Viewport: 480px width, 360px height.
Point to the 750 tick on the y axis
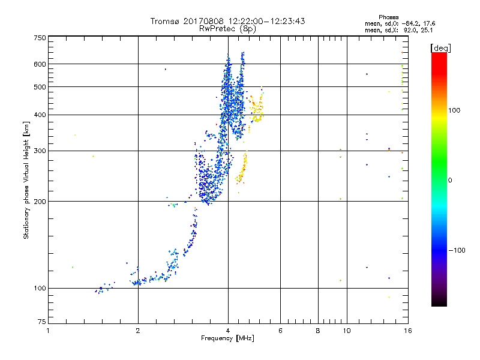[40, 37]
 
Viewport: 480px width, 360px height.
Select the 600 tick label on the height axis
[40, 64]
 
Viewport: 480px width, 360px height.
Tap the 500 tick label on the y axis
[40, 86]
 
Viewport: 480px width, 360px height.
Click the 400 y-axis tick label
[40, 115]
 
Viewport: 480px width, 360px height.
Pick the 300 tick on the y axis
[40, 151]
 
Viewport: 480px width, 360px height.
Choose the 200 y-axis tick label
[40, 201]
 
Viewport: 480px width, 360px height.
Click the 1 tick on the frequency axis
[49, 331]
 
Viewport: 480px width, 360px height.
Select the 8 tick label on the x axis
[318, 331]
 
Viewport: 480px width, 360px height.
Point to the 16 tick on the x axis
[407, 331]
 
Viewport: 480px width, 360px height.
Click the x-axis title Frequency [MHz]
[228, 339]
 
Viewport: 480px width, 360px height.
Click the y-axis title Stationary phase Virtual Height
[26, 180]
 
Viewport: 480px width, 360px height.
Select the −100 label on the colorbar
[458, 250]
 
